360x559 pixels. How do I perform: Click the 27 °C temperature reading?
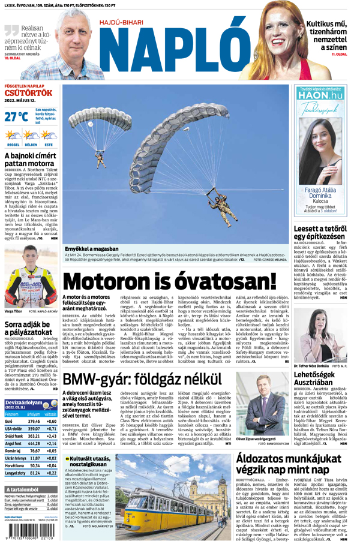tap(16, 116)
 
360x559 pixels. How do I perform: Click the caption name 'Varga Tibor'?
tap(13, 311)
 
